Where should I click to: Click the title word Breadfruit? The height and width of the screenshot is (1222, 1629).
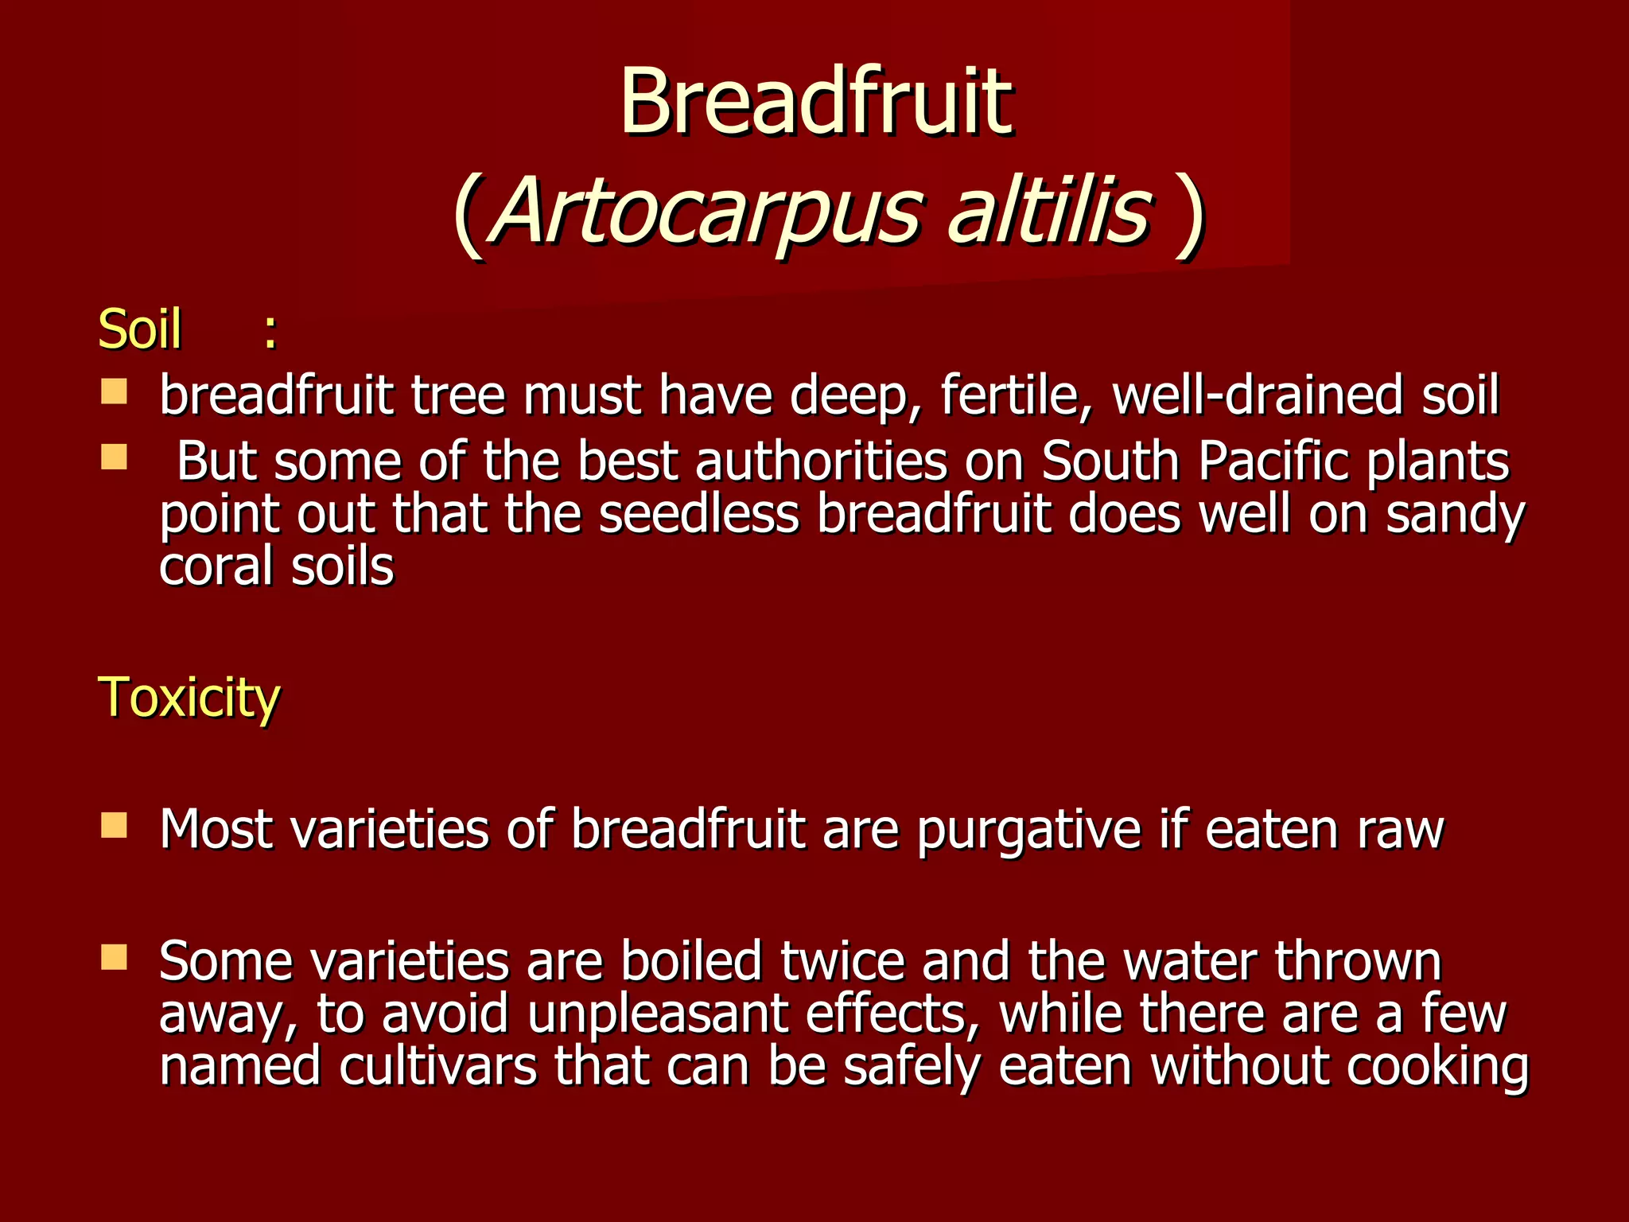click(x=815, y=102)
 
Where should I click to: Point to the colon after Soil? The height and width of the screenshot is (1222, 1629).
click(x=270, y=332)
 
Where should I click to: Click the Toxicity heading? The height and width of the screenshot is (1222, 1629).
click(x=189, y=697)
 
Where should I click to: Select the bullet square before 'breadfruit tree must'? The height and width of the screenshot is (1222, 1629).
click(x=115, y=392)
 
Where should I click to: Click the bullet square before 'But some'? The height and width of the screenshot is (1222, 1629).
click(x=115, y=457)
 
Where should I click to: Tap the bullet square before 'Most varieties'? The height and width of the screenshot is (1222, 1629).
click(x=115, y=826)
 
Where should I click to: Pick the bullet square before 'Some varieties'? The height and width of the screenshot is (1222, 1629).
click(x=115, y=958)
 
